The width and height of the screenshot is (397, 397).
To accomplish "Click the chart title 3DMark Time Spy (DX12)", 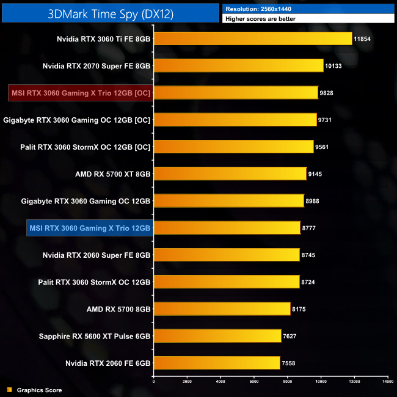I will click(111, 13).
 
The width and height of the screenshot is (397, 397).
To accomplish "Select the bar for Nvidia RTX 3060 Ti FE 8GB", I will click(252, 39).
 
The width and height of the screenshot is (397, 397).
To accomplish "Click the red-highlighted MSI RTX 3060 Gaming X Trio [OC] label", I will click(81, 93).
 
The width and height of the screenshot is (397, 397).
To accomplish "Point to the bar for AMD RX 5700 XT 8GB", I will click(230, 174).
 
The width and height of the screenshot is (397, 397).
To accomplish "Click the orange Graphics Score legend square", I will click(9, 390).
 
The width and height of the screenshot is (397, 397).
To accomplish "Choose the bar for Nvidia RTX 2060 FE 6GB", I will click(216, 363).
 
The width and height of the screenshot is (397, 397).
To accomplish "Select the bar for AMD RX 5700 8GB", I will click(222, 309).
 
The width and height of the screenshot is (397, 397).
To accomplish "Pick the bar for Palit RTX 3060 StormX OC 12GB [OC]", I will click(233, 147).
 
